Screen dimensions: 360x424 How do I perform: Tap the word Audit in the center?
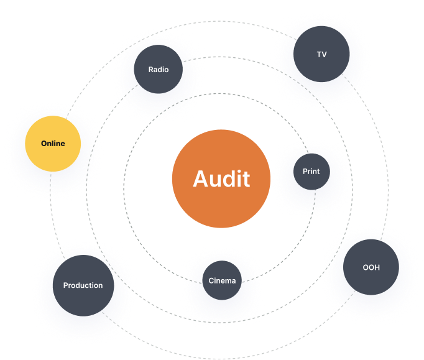(221, 179)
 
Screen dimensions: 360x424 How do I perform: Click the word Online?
(53, 144)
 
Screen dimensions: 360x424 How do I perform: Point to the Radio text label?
(159, 70)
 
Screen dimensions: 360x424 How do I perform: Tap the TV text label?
(321, 55)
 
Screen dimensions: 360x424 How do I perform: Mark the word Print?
(311, 171)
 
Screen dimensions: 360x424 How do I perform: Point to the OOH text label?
(371, 268)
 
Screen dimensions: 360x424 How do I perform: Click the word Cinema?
(222, 280)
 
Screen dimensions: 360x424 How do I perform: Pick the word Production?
(83, 285)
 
